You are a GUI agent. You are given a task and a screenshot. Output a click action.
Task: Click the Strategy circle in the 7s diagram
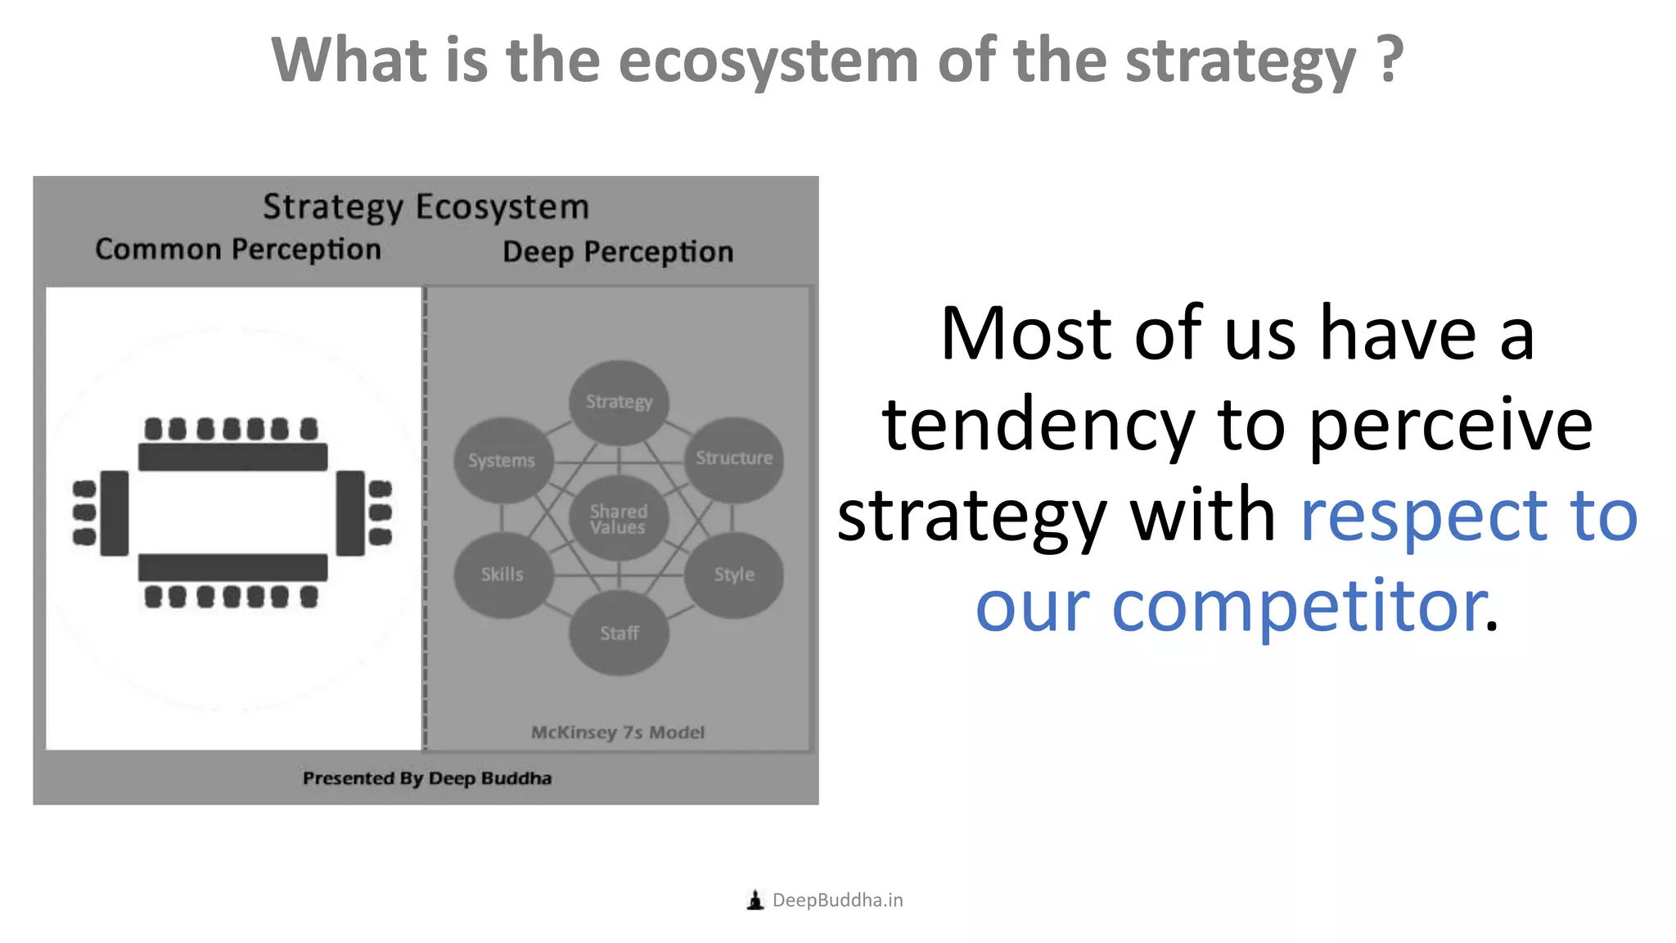[x=619, y=402]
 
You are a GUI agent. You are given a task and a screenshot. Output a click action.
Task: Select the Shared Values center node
[x=619, y=519]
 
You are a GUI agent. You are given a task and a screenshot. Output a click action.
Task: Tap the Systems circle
[x=502, y=460]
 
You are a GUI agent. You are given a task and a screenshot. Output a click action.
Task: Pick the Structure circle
[x=734, y=458]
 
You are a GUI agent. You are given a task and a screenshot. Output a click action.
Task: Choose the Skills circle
[x=502, y=575]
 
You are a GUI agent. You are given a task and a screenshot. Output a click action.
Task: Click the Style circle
[x=734, y=575]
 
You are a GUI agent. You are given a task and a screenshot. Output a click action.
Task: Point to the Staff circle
[x=619, y=634]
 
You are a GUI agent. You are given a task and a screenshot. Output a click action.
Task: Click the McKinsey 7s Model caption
[x=618, y=733]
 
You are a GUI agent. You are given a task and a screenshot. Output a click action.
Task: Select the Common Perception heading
[x=238, y=250]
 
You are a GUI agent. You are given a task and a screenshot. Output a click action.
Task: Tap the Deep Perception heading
[x=618, y=252]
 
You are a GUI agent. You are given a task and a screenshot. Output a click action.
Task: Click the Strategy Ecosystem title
[x=426, y=207]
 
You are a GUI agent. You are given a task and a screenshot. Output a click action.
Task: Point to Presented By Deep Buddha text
[x=427, y=778]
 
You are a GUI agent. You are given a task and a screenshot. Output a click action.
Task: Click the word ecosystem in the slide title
[x=768, y=61]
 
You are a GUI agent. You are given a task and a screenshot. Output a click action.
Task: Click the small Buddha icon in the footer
[x=755, y=900]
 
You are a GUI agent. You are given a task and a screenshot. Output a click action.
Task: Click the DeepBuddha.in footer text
[x=837, y=900]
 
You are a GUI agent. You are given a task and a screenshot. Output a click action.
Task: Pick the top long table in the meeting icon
[x=232, y=457]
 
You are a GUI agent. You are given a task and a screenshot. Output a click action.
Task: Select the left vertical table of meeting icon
[x=115, y=513]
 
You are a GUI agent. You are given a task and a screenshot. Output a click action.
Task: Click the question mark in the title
[x=1388, y=61]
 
